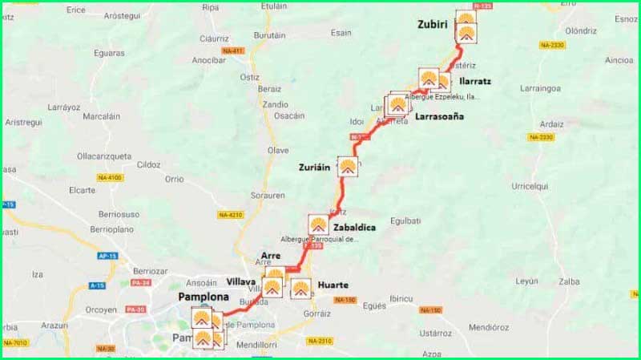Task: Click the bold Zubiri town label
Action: click(434, 25)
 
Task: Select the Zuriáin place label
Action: click(316, 168)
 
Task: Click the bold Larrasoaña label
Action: click(439, 116)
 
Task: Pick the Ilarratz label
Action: click(476, 81)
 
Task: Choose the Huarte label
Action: click(333, 284)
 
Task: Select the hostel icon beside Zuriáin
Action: click(348, 167)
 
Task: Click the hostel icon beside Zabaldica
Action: click(319, 224)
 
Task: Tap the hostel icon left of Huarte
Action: click(301, 288)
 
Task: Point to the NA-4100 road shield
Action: click(111, 177)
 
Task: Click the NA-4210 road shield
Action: click(230, 215)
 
